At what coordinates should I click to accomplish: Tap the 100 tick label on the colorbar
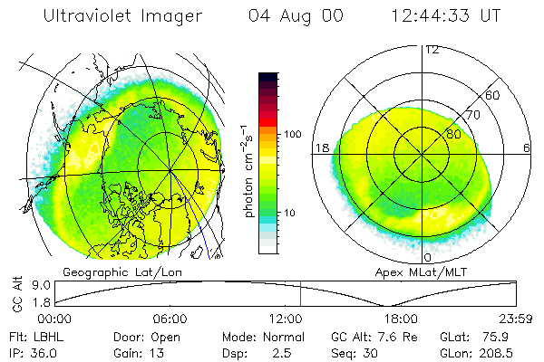point(292,135)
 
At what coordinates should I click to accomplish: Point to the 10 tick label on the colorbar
point(289,214)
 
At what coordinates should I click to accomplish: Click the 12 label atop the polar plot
point(432,50)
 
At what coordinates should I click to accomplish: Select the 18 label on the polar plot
point(321,148)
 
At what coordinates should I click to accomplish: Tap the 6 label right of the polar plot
point(527,148)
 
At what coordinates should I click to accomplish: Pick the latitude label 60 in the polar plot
point(492,95)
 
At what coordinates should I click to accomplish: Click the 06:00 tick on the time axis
point(170,319)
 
